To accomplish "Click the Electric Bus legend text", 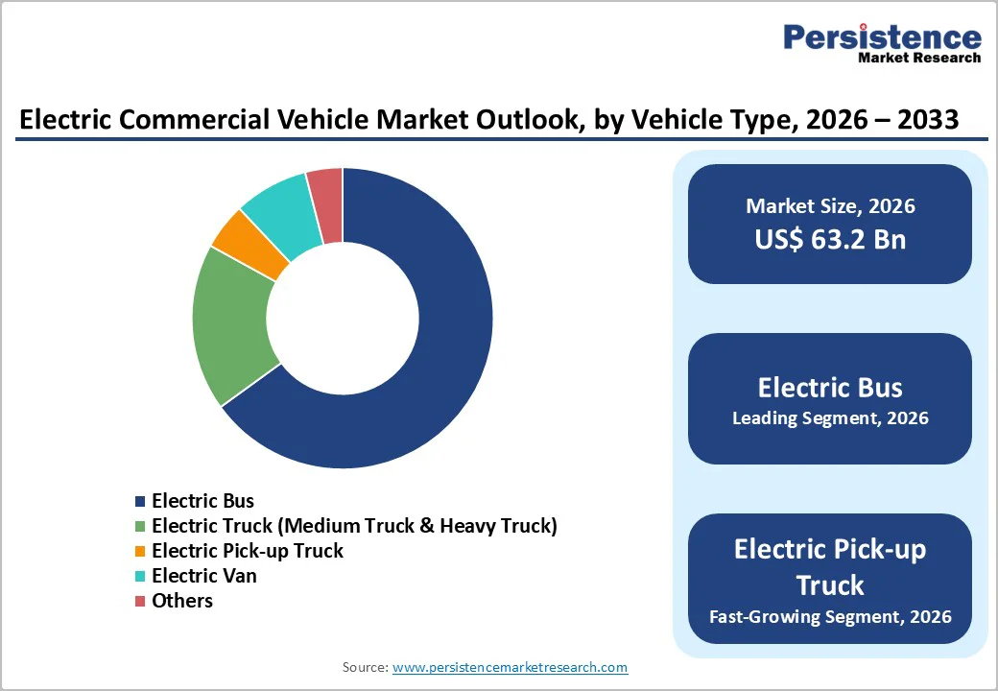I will pos(202,501).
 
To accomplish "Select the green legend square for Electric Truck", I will pos(140,526).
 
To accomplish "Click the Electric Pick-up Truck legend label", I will pos(247,551).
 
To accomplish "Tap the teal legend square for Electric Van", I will pos(140,576).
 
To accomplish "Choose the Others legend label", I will pos(182,601).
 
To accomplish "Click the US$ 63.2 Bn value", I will pos(830,239).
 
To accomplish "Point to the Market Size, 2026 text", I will pos(830,206).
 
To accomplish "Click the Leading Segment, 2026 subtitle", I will pos(830,418).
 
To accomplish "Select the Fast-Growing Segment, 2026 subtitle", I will pos(830,616).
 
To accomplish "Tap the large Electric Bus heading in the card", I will pos(830,387).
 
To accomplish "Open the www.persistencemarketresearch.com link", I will pos(510,667).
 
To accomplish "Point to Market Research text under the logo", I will pos(919,58).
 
